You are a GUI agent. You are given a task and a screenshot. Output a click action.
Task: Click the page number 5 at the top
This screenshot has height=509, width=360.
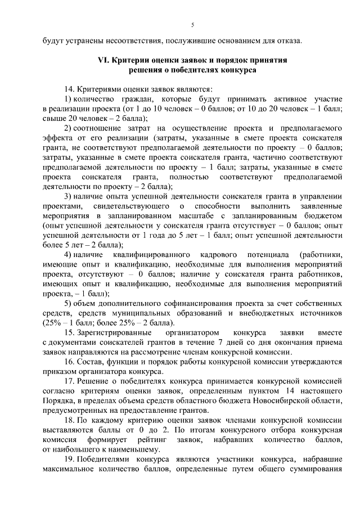tap(192, 25)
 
